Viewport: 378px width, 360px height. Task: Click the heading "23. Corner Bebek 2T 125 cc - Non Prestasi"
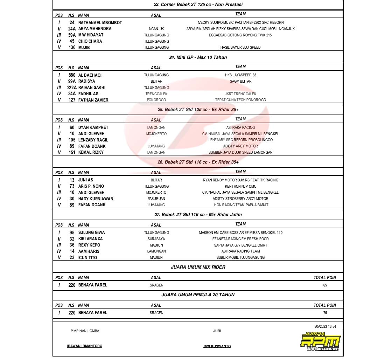coord(198,5)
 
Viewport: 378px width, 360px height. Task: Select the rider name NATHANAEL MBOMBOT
coord(100,22)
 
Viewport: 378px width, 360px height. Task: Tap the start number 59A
coord(72,35)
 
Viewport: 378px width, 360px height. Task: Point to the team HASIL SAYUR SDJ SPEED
coord(240,47)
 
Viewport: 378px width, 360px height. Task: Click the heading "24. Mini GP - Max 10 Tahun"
coord(198,57)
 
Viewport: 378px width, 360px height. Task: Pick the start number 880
coord(72,75)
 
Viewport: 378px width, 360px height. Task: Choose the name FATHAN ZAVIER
coord(93,100)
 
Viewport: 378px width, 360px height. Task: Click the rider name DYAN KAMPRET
coord(93,127)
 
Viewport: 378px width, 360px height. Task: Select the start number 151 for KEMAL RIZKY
coord(72,152)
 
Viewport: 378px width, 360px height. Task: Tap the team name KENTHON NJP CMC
coord(240,186)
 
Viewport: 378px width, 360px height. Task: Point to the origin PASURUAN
coord(156,199)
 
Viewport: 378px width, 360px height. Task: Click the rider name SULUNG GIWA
coord(91,233)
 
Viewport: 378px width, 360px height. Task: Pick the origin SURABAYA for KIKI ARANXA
coord(156,239)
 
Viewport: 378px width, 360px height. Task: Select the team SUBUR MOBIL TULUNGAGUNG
coord(240,257)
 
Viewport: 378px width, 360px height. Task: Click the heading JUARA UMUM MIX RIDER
coord(198,267)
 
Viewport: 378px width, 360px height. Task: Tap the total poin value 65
coord(325,285)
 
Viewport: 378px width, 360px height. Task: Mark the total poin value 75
coord(325,313)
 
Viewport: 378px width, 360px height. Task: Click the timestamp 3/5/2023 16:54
coord(325,326)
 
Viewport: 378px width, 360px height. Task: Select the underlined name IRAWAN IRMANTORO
coord(85,346)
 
